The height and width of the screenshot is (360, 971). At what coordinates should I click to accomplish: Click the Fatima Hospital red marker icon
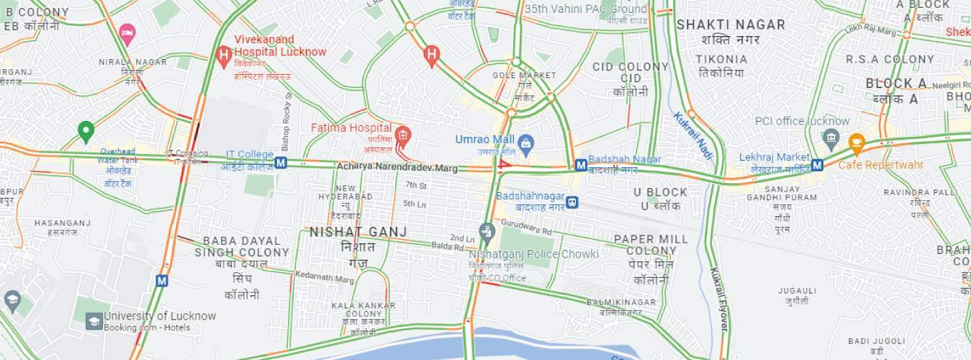click(402, 134)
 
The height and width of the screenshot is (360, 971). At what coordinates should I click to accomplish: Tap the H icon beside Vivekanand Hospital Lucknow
click(224, 54)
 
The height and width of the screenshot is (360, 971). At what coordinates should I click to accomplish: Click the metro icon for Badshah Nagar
click(580, 166)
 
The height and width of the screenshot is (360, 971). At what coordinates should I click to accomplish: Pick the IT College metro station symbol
click(281, 163)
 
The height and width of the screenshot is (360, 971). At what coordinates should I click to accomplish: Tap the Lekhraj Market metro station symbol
click(817, 166)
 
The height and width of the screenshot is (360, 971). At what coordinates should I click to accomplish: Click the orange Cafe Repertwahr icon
click(856, 142)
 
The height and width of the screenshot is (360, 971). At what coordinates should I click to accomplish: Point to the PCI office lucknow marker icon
click(831, 136)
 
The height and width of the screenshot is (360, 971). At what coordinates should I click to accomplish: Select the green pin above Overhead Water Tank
click(86, 131)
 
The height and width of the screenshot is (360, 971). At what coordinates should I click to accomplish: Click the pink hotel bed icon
click(127, 32)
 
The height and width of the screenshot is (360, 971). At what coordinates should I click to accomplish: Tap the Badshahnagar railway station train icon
click(572, 202)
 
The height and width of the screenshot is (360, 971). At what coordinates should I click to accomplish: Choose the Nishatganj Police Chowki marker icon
click(487, 232)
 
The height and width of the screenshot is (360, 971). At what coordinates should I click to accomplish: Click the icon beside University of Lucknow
click(94, 321)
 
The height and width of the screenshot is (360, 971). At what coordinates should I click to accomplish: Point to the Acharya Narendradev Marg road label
click(397, 168)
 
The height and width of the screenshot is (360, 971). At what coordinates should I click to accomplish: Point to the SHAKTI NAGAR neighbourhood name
click(731, 25)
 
